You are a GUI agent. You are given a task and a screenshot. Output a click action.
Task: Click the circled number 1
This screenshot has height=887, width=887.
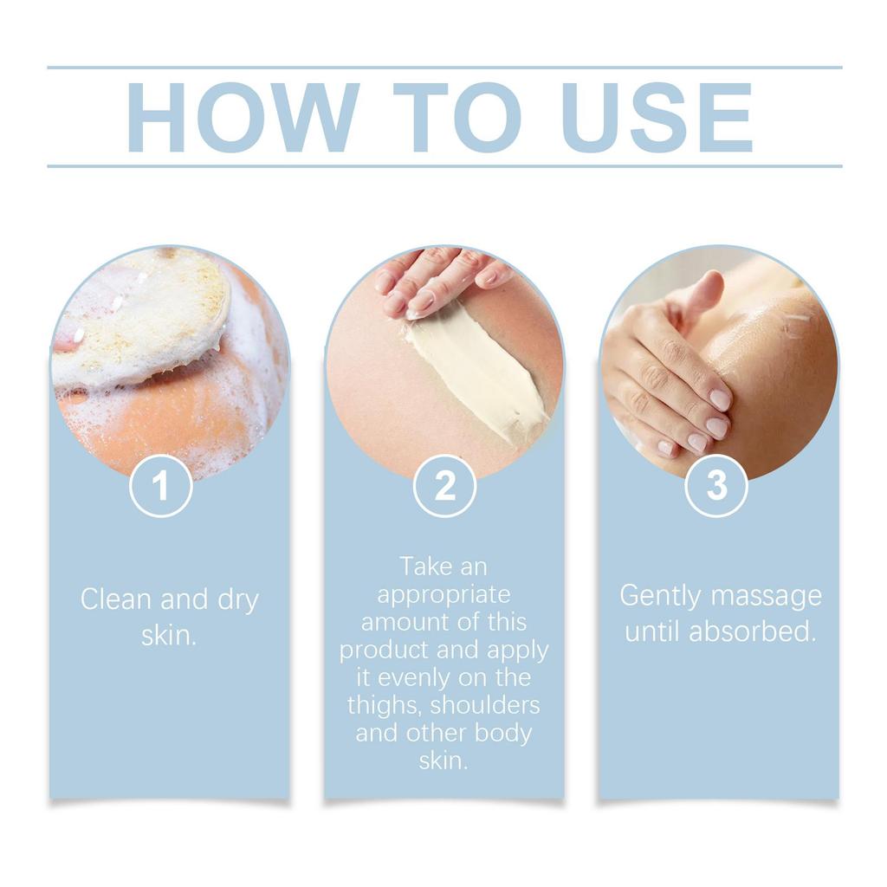[160, 486]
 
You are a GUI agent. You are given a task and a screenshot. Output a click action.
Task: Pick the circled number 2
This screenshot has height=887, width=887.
[444, 486]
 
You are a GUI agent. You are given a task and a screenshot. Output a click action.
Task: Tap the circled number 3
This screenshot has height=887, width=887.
[716, 486]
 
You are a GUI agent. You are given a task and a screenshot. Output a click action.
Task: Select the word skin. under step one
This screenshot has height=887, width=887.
[169, 636]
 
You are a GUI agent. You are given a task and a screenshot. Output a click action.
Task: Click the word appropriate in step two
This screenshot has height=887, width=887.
[443, 595]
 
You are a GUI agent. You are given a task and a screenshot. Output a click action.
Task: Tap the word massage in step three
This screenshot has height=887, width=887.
[767, 596]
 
